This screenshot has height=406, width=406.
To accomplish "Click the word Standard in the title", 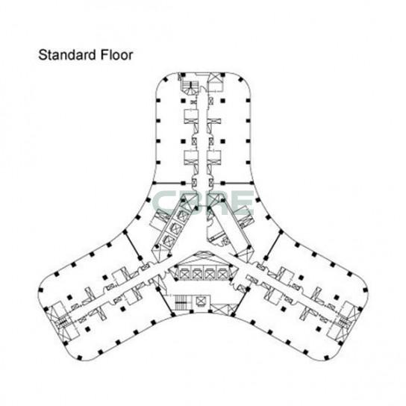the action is click(67, 55).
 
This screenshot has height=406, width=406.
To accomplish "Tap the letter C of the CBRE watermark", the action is click(165, 203).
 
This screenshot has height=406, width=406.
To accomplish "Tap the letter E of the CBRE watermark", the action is click(241, 203).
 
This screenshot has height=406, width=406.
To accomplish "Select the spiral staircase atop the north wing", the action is click(190, 87).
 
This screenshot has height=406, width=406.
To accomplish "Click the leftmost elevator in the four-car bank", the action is click(184, 273).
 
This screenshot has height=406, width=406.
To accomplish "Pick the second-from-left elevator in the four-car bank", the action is click(197, 273).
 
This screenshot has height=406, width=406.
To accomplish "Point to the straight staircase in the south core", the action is click(180, 302).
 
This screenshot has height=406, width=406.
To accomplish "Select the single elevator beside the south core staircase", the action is click(202, 301).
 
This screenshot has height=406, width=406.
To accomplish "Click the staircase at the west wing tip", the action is click(62, 322).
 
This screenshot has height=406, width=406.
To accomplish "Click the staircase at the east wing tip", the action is click(343, 322).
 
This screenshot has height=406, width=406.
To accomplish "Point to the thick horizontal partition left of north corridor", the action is click(167, 184).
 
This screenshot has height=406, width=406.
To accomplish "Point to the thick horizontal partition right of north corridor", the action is click(237, 184).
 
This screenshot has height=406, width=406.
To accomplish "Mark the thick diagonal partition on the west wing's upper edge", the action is click(133, 244).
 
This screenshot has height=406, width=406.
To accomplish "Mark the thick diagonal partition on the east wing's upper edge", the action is click(272, 244).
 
